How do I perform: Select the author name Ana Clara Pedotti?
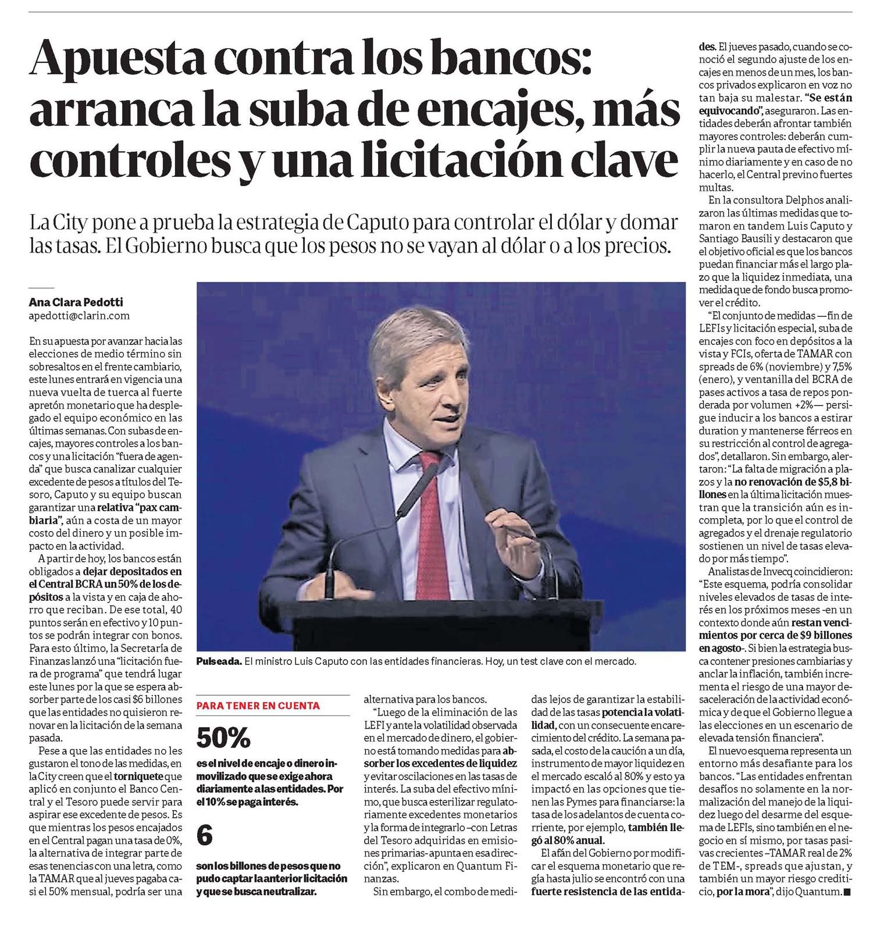(x=76, y=302)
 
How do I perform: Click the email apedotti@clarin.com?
(x=79, y=316)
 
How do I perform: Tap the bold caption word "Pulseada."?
(x=219, y=661)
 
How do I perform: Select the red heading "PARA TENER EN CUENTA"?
(x=258, y=706)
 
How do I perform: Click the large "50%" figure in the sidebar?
(x=223, y=738)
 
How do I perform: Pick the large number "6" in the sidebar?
(x=205, y=836)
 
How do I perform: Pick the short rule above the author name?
(x=41, y=288)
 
